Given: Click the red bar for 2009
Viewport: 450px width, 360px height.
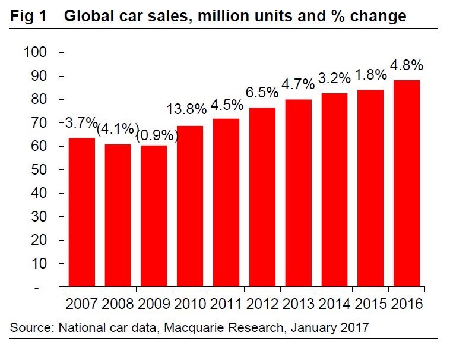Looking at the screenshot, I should pos(154,216).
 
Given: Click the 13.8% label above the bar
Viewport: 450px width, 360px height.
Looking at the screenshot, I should pos(187,109).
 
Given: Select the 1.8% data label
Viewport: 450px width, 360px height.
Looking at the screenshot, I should pos(371,75).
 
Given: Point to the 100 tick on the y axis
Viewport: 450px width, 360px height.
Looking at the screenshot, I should pos(36,53).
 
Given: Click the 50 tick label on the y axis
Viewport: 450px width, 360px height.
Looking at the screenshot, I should pos(39,170).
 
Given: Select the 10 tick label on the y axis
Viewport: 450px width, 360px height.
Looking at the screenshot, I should pos(39,263).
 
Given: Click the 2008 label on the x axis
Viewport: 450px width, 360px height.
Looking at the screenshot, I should pos(118,304).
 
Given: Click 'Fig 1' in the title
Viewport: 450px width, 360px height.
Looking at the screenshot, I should pos(28,16).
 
